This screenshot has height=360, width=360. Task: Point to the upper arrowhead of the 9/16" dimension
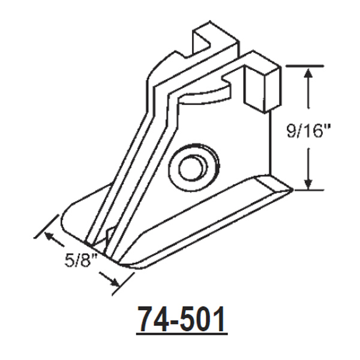[x=308, y=74]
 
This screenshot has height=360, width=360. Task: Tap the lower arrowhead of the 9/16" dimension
[x=308, y=185]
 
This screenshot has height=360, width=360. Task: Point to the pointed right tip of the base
[x=290, y=191]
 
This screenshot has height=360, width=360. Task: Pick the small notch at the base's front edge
[x=109, y=235]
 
